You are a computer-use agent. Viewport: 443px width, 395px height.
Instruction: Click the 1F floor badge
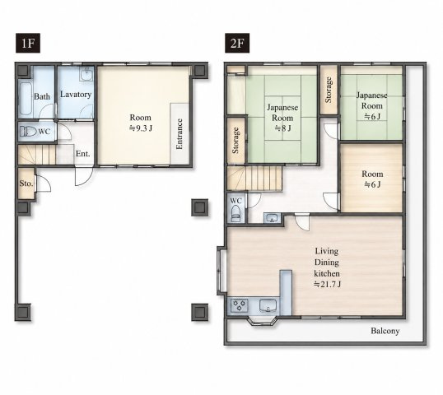click(x=28, y=43)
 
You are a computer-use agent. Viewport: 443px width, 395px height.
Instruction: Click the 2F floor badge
click(x=237, y=43)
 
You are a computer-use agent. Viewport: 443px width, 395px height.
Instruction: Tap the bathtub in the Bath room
click(x=26, y=98)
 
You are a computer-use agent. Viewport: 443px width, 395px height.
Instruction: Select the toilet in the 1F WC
click(x=29, y=132)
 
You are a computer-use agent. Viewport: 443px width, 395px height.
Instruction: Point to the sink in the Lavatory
click(x=86, y=74)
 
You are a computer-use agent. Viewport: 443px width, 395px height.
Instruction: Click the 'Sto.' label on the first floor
click(x=26, y=184)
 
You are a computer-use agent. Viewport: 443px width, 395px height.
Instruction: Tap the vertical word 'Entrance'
click(x=180, y=134)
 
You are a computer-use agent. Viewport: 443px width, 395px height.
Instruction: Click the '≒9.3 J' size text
click(x=141, y=128)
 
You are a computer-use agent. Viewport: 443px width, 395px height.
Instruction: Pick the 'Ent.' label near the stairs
click(x=83, y=154)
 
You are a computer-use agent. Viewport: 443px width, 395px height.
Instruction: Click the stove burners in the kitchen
click(x=240, y=305)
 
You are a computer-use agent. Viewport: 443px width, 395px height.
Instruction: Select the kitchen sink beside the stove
click(x=268, y=306)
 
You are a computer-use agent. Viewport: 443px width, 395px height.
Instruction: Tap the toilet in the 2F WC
click(x=235, y=213)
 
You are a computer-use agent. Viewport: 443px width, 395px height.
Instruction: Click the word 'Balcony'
click(x=385, y=331)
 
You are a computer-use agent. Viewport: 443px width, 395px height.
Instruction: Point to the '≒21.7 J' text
click(x=327, y=284)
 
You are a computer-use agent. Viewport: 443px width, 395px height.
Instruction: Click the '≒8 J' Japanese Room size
click(x=282, y=128)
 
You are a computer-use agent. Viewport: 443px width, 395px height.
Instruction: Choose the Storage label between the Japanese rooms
click(x=329, y=90)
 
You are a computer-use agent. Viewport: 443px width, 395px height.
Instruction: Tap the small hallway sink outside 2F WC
click(x=272, y=218)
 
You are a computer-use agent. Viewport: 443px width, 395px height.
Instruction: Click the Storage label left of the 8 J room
click(x=235, y=141)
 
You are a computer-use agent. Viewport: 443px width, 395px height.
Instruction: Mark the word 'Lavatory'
click(x=76, y=95)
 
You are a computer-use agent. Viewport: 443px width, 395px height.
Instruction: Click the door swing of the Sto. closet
click(x=44, y=184)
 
